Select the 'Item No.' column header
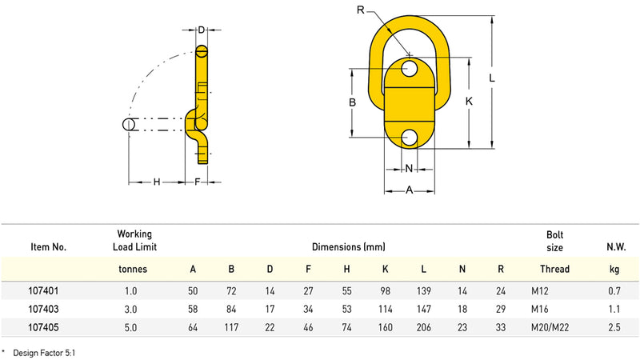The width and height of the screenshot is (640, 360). [48, 247]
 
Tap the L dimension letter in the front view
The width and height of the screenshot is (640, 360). [492, 79]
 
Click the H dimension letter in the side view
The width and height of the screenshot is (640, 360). [157, 182]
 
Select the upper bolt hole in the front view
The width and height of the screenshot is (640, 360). [410, 67]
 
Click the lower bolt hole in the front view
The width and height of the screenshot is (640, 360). [410, 137]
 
